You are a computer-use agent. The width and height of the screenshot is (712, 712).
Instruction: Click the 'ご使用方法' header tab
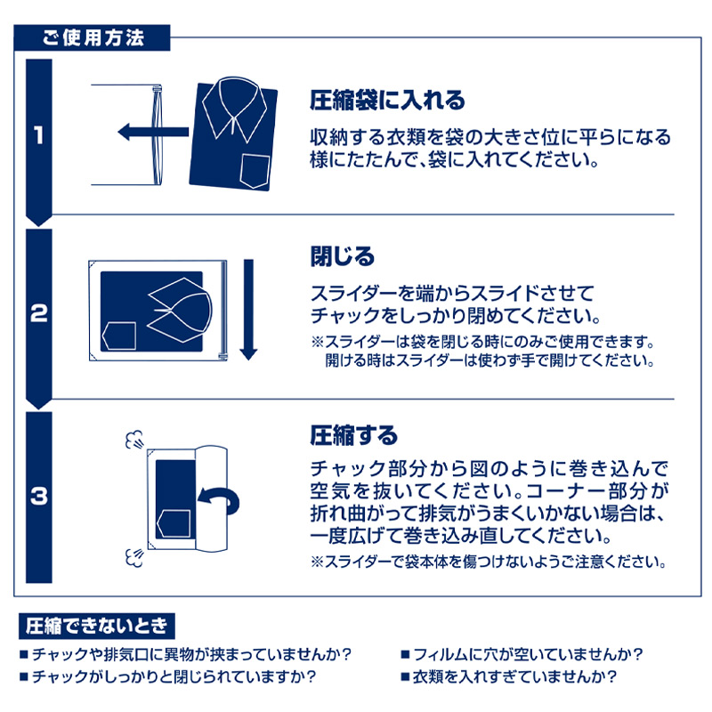(93, 38)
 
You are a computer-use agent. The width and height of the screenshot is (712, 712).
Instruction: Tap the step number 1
(37, 136)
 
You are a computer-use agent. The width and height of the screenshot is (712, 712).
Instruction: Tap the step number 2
(37, 314)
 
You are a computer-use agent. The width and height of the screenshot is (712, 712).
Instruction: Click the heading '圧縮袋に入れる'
(387, 101)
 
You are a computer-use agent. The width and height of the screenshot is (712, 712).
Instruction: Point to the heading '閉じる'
(343, 257)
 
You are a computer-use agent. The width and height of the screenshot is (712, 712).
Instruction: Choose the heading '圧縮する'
(353, 436)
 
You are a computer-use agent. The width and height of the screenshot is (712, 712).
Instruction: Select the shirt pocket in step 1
(256, 168)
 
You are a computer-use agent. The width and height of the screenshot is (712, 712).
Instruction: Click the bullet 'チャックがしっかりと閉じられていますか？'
(174, 676)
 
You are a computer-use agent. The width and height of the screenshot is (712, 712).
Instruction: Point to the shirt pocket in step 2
(119, 336)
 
